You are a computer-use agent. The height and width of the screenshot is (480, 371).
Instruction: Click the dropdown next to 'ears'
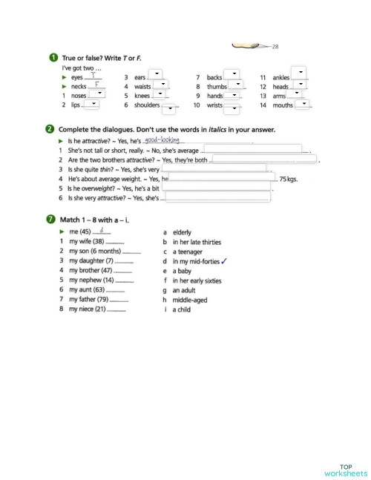click(x=157, y=75)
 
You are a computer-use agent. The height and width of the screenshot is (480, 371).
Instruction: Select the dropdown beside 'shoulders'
click(x=170, y=108)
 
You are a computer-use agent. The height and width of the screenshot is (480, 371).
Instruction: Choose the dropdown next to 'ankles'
click(x=299, y=73)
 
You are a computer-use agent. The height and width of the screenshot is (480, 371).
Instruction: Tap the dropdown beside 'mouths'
click(x=303, y=105)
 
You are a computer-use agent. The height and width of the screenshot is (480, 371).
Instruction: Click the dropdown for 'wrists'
click(x=232, y=108)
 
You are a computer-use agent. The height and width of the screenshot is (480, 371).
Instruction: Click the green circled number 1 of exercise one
click(x=50, y=58)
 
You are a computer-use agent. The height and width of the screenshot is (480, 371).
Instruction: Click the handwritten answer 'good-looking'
click(x=162, y=139)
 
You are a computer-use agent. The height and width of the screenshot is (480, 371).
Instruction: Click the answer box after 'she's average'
click(x=252, y=150)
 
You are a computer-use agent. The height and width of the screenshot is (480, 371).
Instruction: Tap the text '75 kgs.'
click(x=288, y=180)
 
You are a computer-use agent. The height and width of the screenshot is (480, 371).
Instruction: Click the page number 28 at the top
click(x=275, y=47)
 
